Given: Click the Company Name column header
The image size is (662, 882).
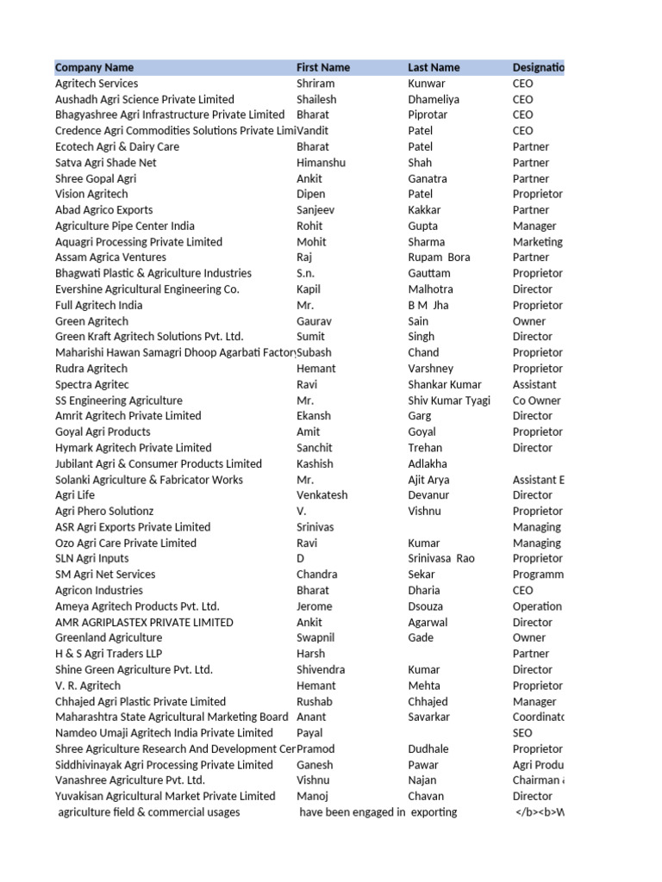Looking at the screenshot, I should [x=94, y=67].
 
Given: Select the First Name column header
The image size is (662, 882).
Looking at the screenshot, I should [x=323, y=67].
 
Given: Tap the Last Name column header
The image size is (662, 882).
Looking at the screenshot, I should [x=434, y=67].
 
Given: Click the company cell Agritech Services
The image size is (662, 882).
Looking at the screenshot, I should [x=97, y=84].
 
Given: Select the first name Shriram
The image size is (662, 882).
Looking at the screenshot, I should [x=315, y=84].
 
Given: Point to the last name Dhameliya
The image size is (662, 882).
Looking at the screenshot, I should [x=434, y=99].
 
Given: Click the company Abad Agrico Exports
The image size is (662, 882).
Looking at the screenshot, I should [x=103, y=210].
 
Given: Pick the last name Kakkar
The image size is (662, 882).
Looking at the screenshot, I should [x=424, y=210].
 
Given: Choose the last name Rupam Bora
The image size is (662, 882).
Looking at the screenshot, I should [x=439, y=258].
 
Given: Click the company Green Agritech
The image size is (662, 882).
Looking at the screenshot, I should [x=91, y=321].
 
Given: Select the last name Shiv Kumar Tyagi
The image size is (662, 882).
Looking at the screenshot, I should [x=448, y=401].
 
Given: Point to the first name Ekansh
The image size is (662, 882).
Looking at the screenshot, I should [x=314, y=416].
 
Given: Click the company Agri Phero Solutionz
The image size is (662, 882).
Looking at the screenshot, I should [x=104, y=512].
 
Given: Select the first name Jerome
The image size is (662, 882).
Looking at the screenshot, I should [x=315, y=606].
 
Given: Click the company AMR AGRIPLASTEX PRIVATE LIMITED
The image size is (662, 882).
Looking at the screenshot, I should [x=144, y=623].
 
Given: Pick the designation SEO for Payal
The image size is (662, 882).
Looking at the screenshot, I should [x=522, y=733].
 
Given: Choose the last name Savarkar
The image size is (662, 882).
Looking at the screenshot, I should [x=429, y=717].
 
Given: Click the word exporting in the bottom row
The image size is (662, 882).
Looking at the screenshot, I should [x=434, y=812].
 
